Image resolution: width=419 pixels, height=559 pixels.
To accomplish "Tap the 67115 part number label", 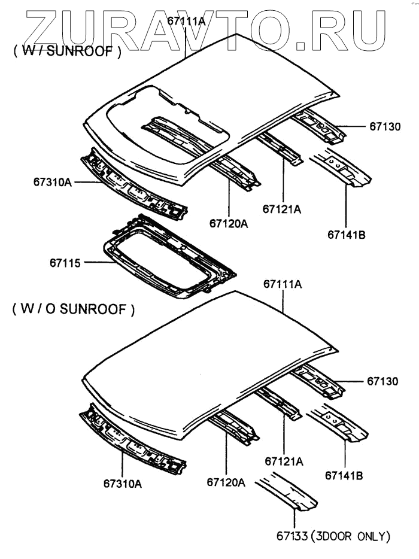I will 65,262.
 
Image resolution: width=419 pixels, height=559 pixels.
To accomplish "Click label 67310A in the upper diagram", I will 49,181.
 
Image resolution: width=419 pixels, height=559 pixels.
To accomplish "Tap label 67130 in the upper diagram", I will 384,126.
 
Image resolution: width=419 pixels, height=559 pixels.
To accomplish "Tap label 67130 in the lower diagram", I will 384,381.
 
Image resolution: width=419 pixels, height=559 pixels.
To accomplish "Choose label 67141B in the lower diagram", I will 345,476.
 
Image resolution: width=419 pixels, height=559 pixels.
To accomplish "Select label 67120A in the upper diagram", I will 229,223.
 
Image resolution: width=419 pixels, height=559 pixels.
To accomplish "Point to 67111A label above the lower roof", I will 282,285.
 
